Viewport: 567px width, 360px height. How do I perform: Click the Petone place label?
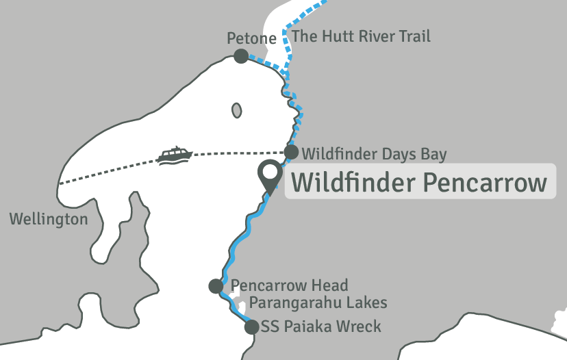click(251, 39)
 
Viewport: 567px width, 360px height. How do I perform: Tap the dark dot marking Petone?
click(241, 56)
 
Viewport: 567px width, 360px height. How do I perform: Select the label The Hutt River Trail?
click(361, 36)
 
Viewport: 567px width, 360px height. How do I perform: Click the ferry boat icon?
click(174, 155)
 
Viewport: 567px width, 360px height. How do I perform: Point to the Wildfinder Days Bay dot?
click(292, 152)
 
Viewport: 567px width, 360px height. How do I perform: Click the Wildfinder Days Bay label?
click(374, 153)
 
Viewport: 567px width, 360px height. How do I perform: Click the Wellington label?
click(49, 220)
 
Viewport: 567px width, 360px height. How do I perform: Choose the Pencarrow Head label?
click(290, 285)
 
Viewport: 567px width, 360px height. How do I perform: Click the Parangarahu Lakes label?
click(318, 303)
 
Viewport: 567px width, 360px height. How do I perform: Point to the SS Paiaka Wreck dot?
click(252, 326)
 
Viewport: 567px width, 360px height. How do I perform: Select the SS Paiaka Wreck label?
click(321, 326)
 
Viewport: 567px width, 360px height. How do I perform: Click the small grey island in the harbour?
click(237, 110)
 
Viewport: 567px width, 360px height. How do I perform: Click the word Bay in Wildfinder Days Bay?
click(433, 153)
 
